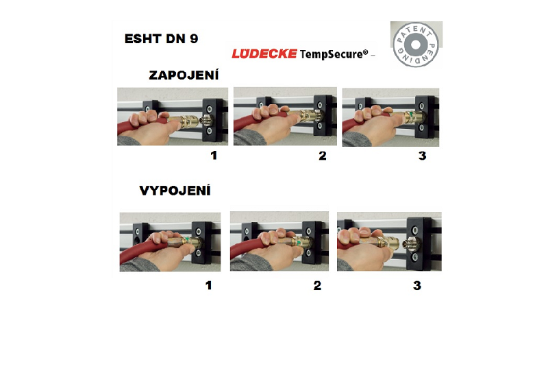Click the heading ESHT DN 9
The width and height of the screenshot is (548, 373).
(x=161, y=38)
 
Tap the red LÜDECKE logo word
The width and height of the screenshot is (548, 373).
(x=264, y=53)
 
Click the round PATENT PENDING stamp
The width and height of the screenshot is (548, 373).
(x=416, y=45)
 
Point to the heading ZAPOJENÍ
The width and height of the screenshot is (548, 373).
(x=184, y=75)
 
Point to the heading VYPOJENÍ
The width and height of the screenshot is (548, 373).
(x=175, y=191)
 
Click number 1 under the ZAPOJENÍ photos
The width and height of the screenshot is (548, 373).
(x=214, y=155)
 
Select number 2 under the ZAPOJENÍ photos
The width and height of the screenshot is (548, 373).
(x=323, y=156)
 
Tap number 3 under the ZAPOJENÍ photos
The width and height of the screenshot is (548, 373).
(x=422, y=156)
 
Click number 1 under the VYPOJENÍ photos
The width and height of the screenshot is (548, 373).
(x=209, y=285)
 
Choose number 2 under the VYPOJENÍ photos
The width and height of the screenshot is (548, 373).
(x=317, y=285)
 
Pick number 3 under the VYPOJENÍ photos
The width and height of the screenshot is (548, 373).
(x=417, y=285)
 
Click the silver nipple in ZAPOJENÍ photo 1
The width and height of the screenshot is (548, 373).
(x=205, y=121)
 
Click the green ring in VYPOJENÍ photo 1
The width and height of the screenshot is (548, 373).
(x=187, y=241)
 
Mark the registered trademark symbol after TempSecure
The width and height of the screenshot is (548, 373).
(x=366, y=52)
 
